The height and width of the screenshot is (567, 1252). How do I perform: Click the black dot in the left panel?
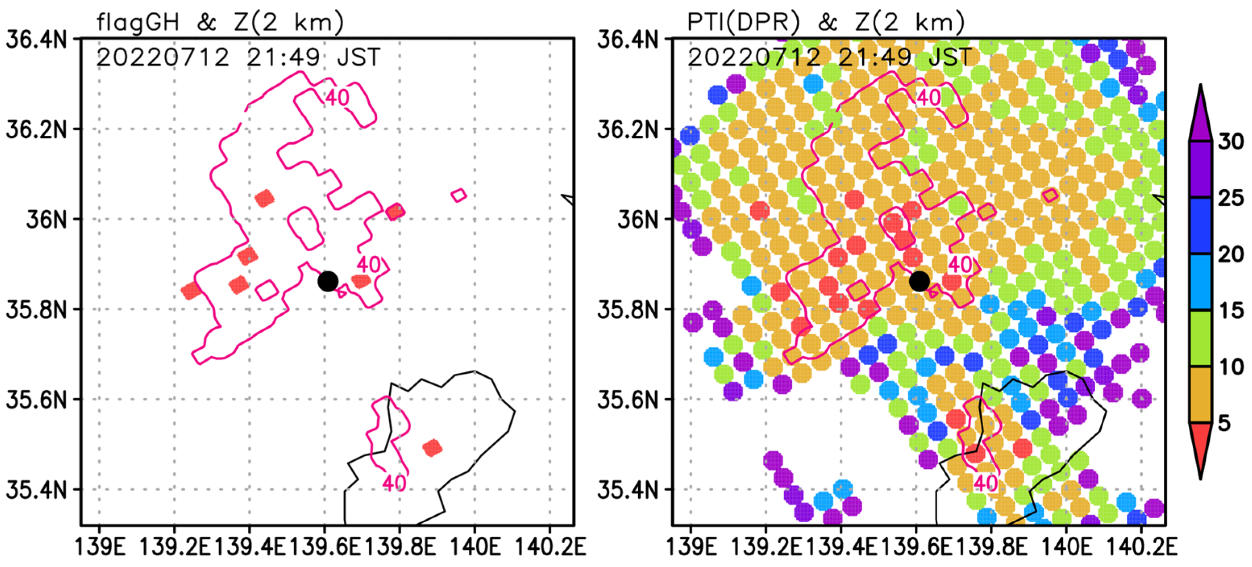[328, 281]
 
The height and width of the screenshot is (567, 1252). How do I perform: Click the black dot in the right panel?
[919, 281]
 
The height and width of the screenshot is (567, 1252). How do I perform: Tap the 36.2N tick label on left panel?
[36, 129]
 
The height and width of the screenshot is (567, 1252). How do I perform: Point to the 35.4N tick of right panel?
[627, 490]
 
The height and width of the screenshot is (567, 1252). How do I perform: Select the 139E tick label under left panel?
[100, 548]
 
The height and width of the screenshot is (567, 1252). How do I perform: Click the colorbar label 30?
[1231, 142]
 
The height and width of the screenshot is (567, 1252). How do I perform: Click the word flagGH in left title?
[137, 22]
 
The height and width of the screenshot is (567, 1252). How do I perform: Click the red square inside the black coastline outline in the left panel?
[432, 447]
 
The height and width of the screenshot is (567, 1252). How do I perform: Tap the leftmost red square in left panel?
[191, 290]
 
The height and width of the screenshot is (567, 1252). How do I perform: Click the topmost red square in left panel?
[264, 198]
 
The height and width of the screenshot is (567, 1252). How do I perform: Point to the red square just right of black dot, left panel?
[361, 280]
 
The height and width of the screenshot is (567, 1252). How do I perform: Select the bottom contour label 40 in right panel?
[986, 483]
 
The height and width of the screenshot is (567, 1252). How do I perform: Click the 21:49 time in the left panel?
[283, 57]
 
